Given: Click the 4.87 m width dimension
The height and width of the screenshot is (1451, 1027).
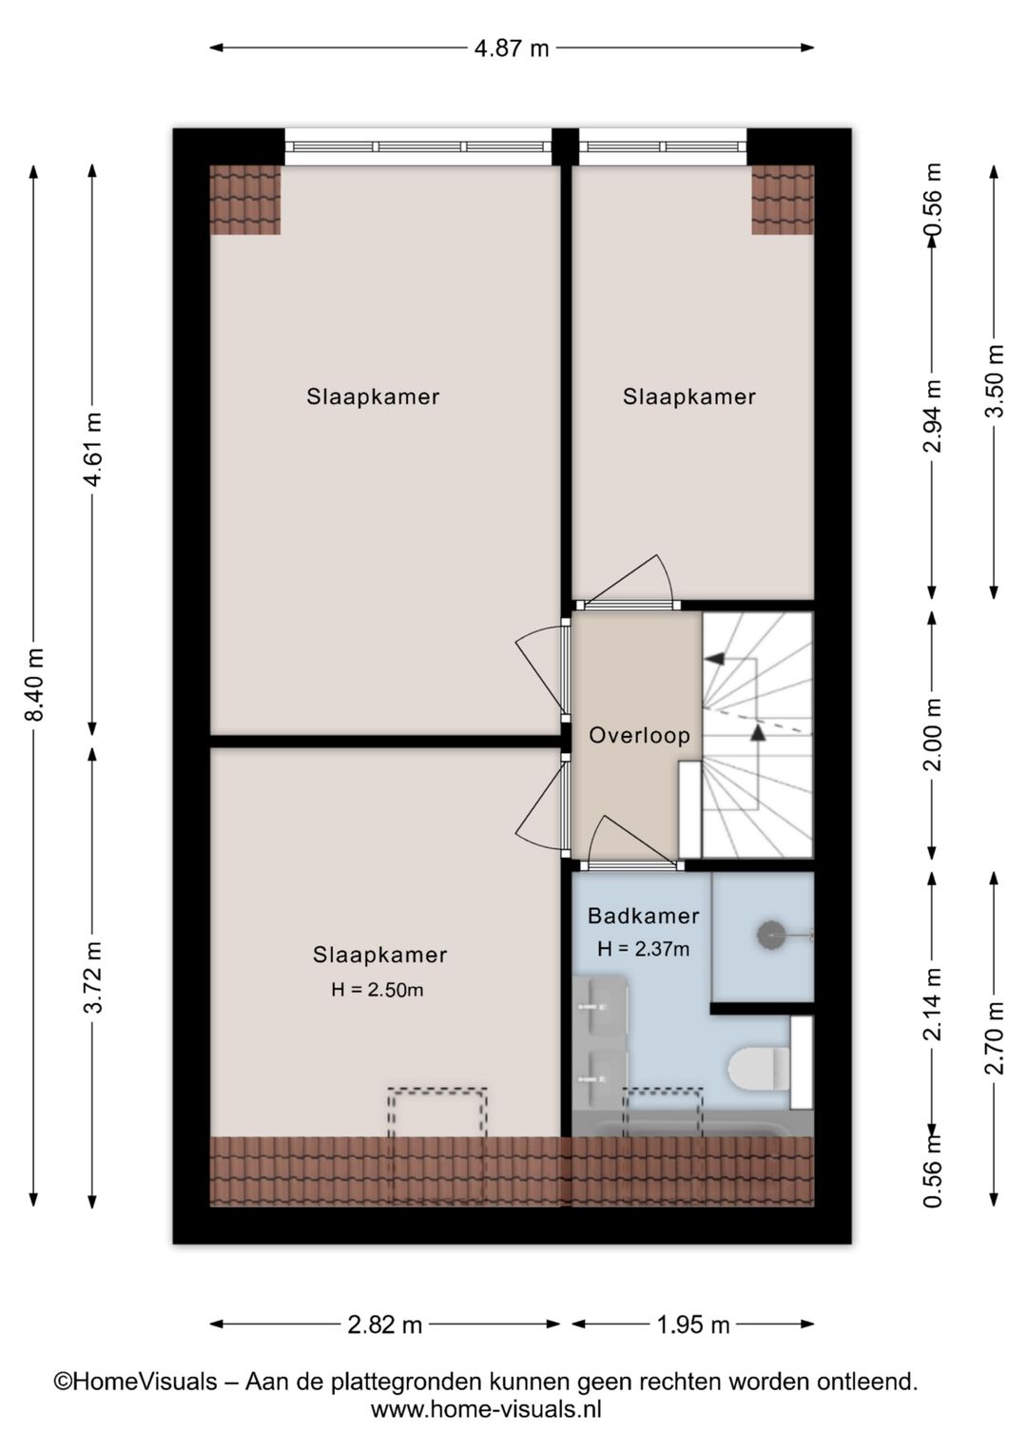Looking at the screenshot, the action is pyautogui.click(x=512, y=48).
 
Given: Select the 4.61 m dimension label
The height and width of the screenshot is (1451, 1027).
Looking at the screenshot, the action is pyautogui.click(x=92, y=449).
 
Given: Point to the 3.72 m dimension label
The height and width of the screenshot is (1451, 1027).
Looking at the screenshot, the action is pyautogui.click(x=92, y=977).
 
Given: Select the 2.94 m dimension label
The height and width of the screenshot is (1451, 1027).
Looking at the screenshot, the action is pyautogui.click(x=933, y=416).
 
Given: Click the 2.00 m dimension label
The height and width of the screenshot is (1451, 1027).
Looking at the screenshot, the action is pyautogui.click(x=933, y=734).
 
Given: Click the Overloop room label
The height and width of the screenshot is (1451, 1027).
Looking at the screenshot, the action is pyautogui.click(x=640, y=735).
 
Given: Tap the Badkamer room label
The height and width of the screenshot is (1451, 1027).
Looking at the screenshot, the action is pyautogui.click(x=644, y=916).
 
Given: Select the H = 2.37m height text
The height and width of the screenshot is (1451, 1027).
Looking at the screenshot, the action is pyautogui.click(x=644, y=949).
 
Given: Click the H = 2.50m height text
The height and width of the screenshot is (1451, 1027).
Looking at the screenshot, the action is pyautogui.click(x=378, y=990).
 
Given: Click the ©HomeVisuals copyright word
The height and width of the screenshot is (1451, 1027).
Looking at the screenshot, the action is pyautogui.click(x=135, y=1382).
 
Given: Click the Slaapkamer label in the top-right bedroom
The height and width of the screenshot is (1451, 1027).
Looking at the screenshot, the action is pyautogui.click(x=689, y=397).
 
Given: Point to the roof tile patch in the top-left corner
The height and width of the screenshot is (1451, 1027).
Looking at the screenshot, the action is pyautogui.click(x=245, y=201).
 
